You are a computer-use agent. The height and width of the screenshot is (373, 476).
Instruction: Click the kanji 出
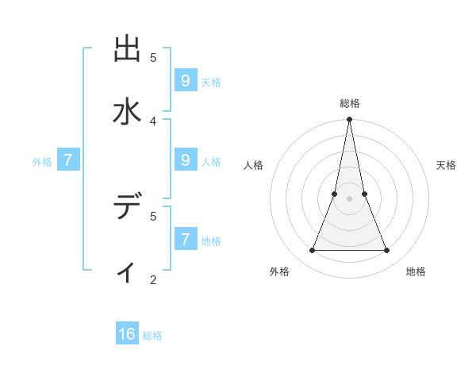[x=127, y=48]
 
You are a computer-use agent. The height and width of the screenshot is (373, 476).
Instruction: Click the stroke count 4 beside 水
[x=153, y=121]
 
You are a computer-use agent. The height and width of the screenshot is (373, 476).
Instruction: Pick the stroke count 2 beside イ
[x=153, y=279]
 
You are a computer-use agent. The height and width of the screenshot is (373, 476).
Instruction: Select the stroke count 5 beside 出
[x=153, y=57]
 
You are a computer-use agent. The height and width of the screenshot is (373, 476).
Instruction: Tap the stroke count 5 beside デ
[x=153, y=215]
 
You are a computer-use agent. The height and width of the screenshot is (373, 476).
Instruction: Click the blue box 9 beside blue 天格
[x=185, y=80]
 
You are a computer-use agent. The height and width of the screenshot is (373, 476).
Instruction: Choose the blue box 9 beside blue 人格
[x=185, y=160]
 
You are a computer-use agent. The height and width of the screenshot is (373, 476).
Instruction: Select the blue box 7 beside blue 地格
[x=185, y=239]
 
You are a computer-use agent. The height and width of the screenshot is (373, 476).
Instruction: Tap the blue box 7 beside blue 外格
[x=68, y=160]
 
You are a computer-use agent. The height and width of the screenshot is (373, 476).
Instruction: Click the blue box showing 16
[x=127, y=334]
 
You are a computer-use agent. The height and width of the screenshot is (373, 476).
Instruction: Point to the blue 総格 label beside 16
[x=152, y=336]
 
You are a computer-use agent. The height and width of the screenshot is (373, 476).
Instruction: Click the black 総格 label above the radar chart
[x=350, y=103]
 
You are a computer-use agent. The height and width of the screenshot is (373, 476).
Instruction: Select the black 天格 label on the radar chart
[x=447, y=165]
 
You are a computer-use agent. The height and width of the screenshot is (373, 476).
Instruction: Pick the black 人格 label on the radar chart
[x=253, y=165]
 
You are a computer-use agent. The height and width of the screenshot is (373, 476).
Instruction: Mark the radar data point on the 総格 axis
[x=349, y=120]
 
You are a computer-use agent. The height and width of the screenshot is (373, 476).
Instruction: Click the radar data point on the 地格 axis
[x=387, y=251]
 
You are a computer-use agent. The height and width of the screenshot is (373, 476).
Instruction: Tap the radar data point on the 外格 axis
[x=312, y=251]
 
